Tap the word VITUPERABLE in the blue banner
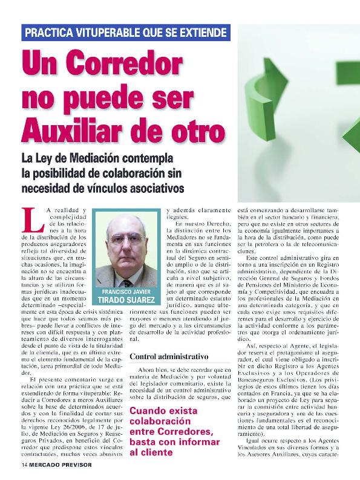point(106,33)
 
